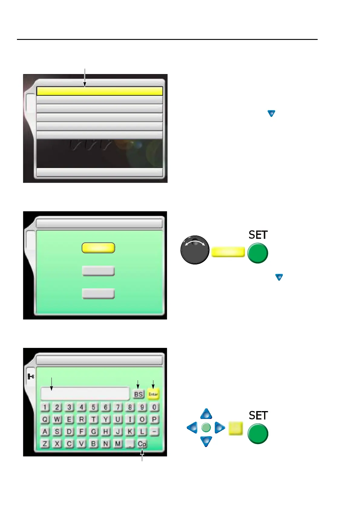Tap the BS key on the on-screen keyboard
(x=139, y=394)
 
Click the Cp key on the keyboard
(x=142, y=444)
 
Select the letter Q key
(x=45, y=419)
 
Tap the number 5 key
(x=93, y=407)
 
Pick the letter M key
(x=118, y=444)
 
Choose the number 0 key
(x=154, y=407)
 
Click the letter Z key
(x=45, y=444)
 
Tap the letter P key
(x=154, y=419)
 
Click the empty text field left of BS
(x=85, y=394)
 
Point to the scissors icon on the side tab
(x=31, y=376)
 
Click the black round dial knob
(x=195, y=250)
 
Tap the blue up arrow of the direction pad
(x=206, y=414)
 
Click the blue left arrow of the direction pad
(x=192, y=428)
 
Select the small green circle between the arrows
(x=206, y=428)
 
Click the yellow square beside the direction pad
(x=236, y=428)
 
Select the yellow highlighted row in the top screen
(x=100, y=91)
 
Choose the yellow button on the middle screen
(x=98, y=248)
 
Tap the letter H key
(x=106, y=431)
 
